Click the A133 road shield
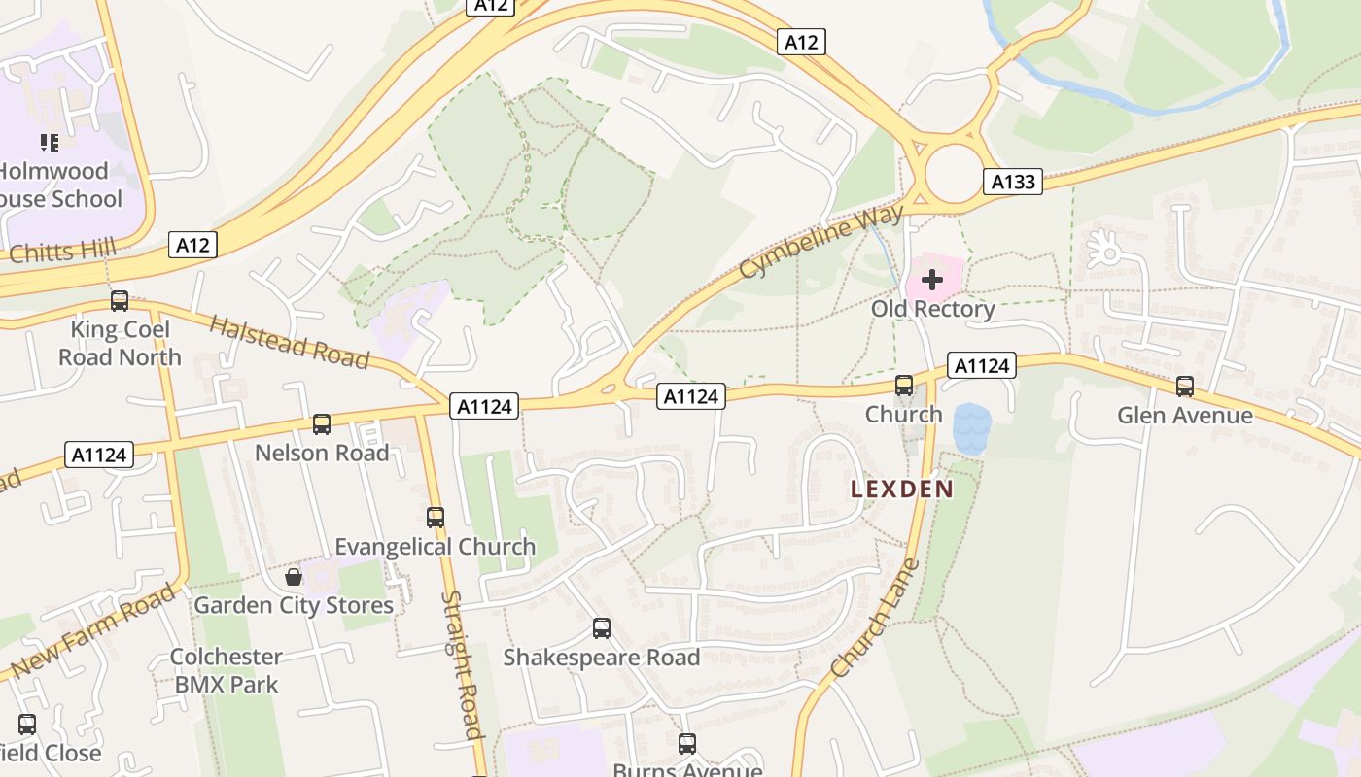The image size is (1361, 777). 1012,182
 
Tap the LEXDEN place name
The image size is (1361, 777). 902,490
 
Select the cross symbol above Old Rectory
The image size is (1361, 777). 932,281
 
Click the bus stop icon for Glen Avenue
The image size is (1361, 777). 1184,387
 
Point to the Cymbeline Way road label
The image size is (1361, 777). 821,241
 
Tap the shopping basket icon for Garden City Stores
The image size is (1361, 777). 294,578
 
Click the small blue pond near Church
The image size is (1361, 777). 972,427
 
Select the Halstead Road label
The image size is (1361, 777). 289,343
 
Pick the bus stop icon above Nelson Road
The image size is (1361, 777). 322,424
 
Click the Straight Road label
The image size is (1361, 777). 463,664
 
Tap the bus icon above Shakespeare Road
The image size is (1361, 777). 602,629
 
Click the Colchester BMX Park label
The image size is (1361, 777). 227,670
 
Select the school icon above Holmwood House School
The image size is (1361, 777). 50,144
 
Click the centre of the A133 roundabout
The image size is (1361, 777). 954,174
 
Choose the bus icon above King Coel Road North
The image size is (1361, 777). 120,301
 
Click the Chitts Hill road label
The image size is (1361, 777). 61,252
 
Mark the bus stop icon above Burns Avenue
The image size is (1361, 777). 687,744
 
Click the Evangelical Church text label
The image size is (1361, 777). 435,547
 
